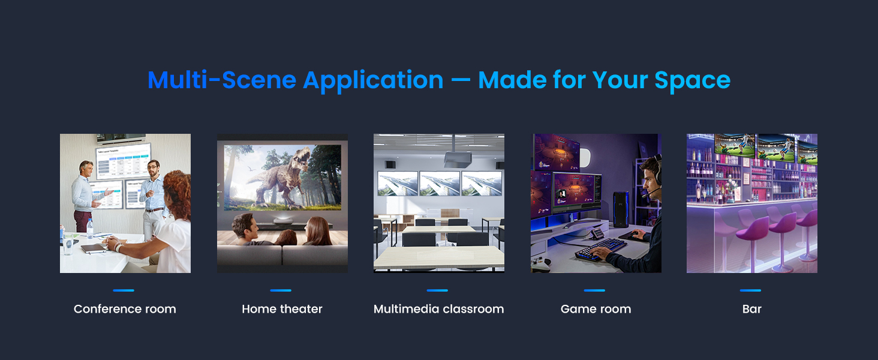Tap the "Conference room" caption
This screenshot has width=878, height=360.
(125, 309)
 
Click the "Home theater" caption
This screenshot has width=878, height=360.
(282, 309)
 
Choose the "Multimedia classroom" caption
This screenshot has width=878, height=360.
(438, 309)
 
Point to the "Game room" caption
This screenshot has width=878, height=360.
(596, 309)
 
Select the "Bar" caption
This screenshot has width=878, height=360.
(751, 309)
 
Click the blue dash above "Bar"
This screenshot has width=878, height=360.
(750, 290)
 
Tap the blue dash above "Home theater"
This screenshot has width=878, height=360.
(281, 290)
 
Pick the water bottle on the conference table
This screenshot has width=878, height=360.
(90, 228)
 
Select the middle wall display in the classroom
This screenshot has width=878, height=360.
(440, 183)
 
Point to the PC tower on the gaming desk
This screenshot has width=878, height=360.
(620, 209)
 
